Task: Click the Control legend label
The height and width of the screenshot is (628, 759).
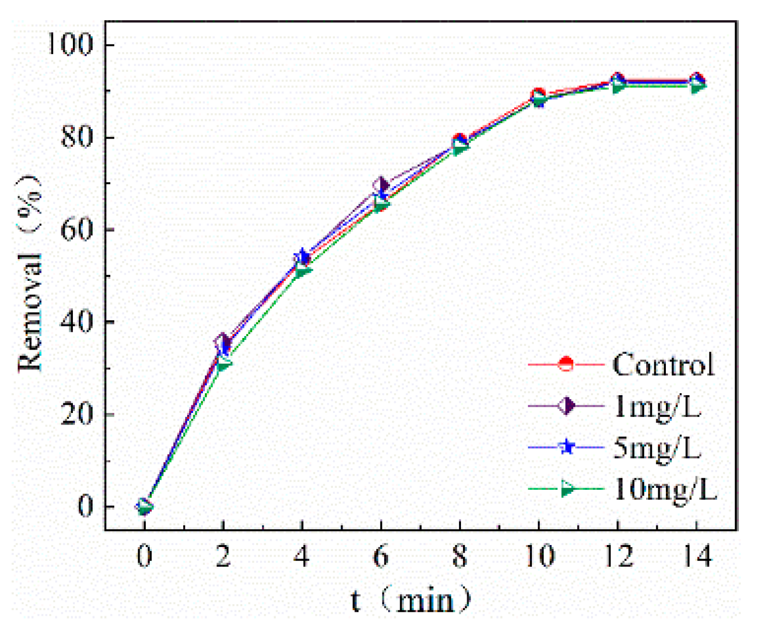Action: pyautogui.click(x=663, y=364)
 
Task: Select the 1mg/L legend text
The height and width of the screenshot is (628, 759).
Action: pyautogui.click(x=657, y=406)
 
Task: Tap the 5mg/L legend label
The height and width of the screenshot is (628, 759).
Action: pyautogui.click(x=657, y=448)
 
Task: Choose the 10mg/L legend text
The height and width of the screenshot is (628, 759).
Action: pyautogui.click(x=665, y=489)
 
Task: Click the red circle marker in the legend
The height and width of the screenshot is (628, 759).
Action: pyautogui.click(x=566, y=364)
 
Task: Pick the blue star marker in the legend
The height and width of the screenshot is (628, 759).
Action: pyautogui.click(x=567, y=447)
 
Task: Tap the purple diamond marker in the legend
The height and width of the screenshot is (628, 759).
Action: pyautogui.click(x=566, y=406)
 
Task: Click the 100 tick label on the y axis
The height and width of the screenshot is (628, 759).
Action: pyautogui.click(x=70, y=44)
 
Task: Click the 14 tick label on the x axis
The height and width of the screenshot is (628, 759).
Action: pyautogui.click(x=697, y=556)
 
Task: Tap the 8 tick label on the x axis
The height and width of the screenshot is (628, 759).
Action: pyautogui.click(x=459, y=556)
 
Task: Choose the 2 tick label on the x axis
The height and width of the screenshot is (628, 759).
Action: pyautogui.click(x=223, y=556)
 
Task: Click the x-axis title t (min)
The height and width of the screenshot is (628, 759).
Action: pyautogui.click(x=410, y=601)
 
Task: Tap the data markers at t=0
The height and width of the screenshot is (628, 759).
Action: pyautogui.click(x=144, y=506)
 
